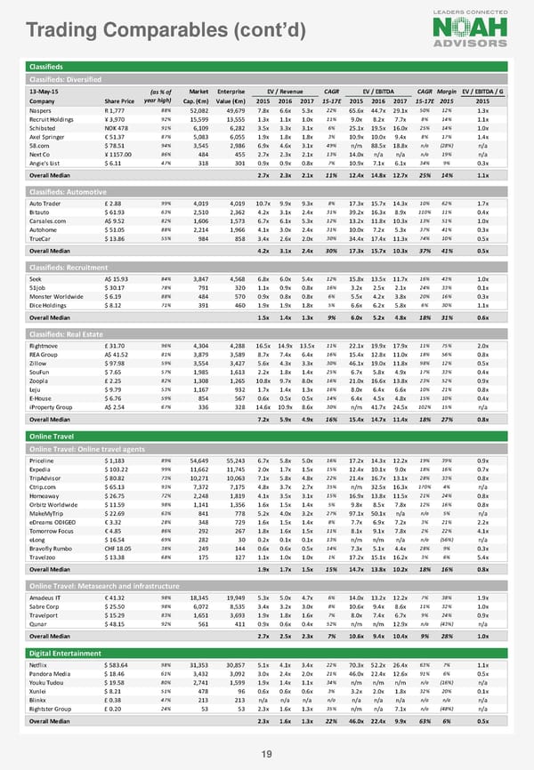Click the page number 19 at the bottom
(x=265, y=755)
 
